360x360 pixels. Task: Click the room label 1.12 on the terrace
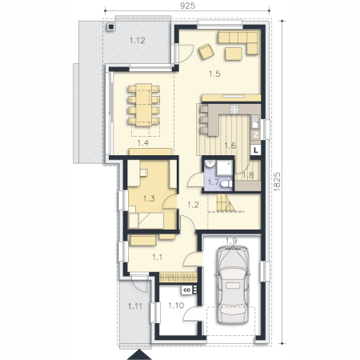pos(138,41)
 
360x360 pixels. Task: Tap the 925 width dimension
pos(187,6)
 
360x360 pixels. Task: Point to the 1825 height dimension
pos(277,182)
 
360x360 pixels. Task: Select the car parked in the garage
pos(233,285)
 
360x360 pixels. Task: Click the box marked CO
pos(187,290)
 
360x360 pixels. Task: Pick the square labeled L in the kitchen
pos(256,150)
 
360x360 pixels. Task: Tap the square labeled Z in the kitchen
pos(256,135)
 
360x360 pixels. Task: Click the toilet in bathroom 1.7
pos(227,184)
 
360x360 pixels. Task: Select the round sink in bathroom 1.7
pos(210,164)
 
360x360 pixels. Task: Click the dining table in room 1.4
pos(144,105)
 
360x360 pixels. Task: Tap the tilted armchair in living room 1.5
pos(206,51)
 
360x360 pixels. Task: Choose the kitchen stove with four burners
pos(234,109)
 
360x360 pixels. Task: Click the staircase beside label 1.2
pos(226,203)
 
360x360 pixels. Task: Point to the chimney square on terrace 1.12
pos(110,26)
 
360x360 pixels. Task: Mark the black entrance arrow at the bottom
pos(139,355)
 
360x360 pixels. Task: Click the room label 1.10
pos(176,306)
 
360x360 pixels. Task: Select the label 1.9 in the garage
pos(231,241)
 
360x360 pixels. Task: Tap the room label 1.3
pos(149,198)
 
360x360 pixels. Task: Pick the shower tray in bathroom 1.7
pos(224,168)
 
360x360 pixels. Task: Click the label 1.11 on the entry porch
pos(135,306)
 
